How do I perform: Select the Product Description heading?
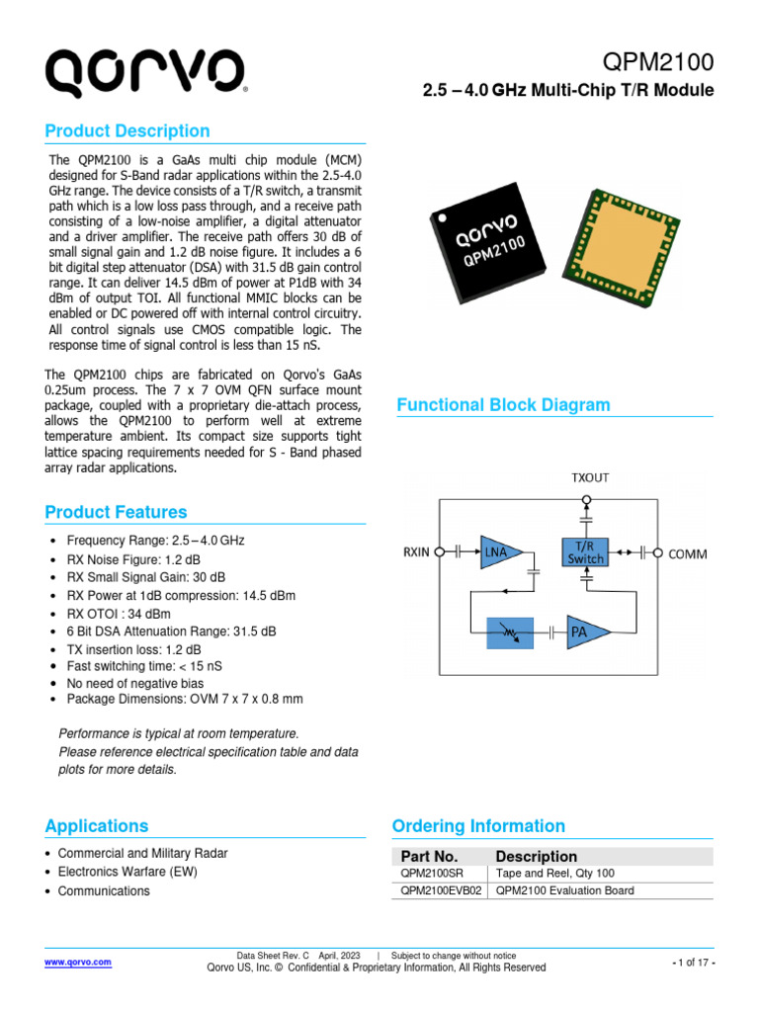(127, 131)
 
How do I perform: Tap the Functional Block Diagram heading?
(503, 405)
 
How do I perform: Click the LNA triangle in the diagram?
(497, 553)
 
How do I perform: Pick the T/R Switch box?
(585, 552)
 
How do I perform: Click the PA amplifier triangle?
(581, 632)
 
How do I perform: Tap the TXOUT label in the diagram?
(590, 477)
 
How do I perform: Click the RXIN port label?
(416, 552)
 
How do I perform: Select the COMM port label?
(688, 553)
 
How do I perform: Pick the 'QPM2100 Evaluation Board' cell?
(564, 890)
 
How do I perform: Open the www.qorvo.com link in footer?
(78, 962)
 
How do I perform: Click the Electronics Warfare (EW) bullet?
(130, 872)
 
